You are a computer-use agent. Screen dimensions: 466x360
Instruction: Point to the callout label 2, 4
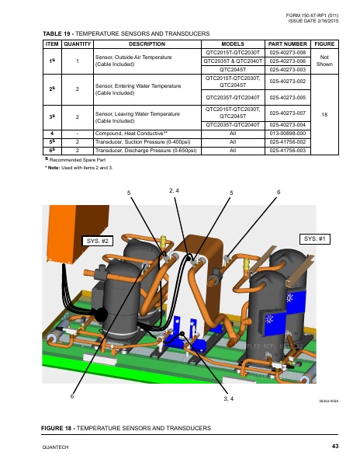(174, 190)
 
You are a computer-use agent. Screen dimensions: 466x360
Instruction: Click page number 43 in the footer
(335, 446)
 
